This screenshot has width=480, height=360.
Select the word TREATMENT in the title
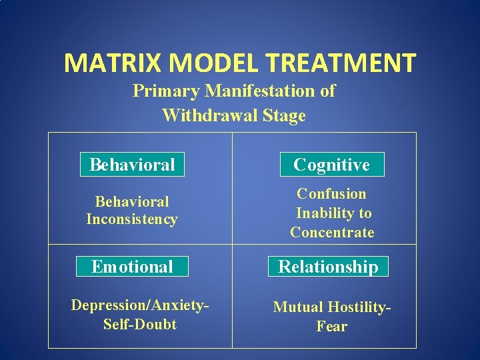tap(336, 63)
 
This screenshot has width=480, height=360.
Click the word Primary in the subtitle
tap(166, 91)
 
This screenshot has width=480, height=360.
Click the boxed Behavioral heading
tap(132, 165)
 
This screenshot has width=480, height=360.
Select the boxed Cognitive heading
tap(331, 165)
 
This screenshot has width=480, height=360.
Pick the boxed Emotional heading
tap(132, 267)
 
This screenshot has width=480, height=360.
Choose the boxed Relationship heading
tap(328, 267)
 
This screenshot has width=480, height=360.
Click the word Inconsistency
tap(132, 219)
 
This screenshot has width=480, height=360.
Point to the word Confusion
tap(331, 194)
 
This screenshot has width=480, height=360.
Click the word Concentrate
tap(332, 233)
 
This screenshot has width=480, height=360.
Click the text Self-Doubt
tap(140, 325)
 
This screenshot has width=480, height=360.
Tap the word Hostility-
tap(359, 307)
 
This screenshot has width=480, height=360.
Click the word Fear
tap(332, 327)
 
